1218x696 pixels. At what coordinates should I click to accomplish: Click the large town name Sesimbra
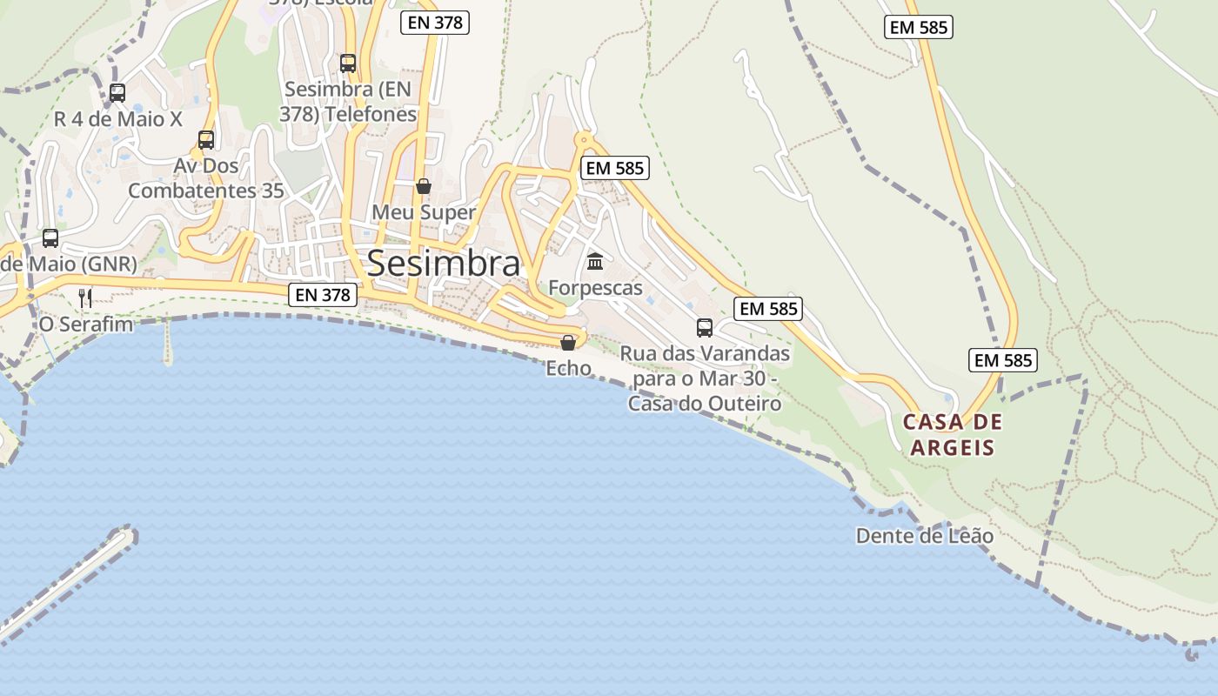coord(444,263)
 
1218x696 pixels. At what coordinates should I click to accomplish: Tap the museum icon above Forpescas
coord(595,261)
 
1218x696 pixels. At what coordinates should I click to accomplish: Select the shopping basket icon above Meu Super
coord(424,186)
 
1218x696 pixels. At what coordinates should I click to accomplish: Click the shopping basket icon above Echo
coord(568,343)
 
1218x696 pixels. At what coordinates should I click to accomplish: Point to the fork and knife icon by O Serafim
coord(85,298)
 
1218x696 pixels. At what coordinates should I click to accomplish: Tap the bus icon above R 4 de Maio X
coord(117,92)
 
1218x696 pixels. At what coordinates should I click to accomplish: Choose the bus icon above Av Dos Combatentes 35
coord(206,139)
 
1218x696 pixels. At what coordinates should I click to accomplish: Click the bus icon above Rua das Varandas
coord(705,328)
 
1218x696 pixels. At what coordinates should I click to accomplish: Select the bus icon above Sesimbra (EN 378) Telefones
coord(348,63)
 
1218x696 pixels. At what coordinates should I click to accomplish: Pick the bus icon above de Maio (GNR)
coord(50,238)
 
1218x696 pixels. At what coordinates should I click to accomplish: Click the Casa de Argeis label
coord(953,435)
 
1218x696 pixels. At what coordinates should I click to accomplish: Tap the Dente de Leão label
coord(925,535)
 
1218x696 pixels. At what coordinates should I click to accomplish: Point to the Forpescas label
coord(595,288)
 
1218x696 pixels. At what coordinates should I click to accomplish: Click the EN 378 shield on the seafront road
coord(323,295)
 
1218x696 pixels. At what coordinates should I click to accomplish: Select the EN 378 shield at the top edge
coord(435,23)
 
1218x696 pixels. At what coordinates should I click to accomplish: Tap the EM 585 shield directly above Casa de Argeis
coord(1003,360)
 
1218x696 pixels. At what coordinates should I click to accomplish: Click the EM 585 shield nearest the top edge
coord(919,27)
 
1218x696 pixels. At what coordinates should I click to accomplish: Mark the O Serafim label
coord(86,325)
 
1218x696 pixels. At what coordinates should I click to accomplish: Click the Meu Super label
coord(424,212)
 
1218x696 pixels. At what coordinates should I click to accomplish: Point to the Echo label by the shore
coord(568,369)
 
